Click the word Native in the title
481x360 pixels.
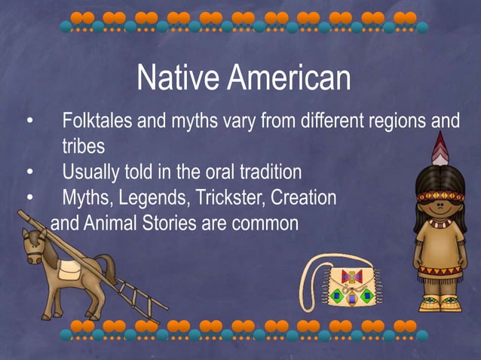(x=178, y=78)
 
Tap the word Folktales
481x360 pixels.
(x=96, y=121)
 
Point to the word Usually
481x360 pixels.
(x=94, y=172)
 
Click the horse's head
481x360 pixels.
(x=32, y=246)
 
